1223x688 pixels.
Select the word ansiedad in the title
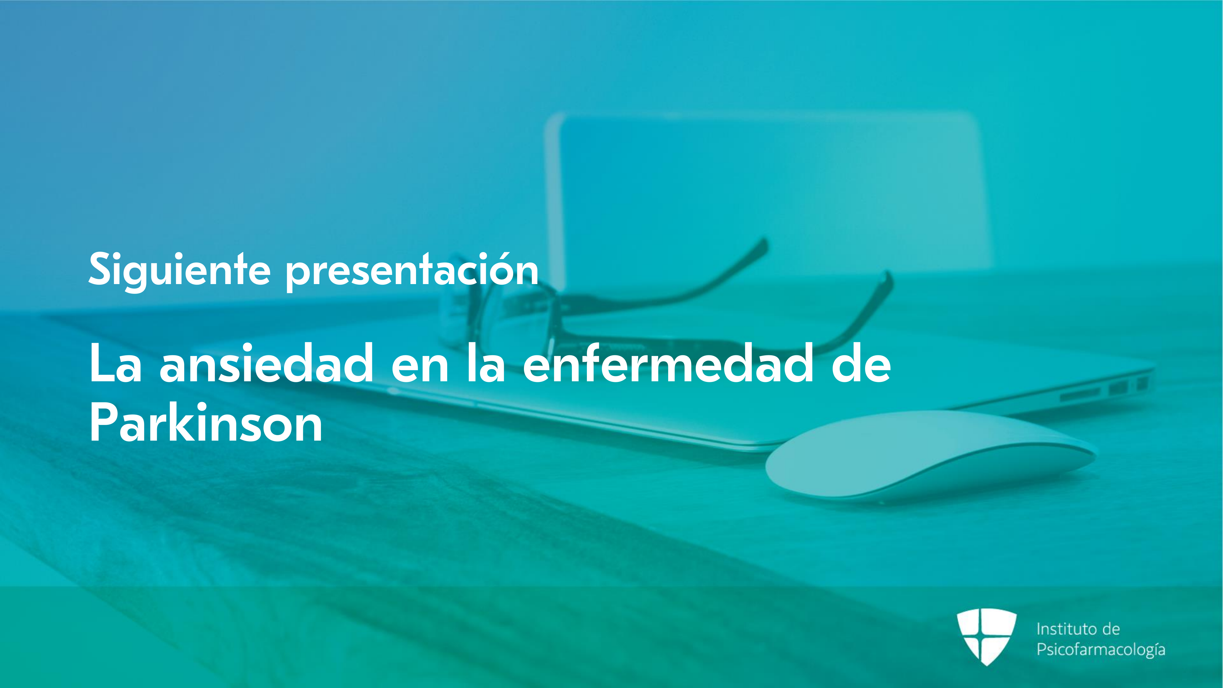coord(266,363)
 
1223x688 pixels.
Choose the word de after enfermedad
coord(861,363)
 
